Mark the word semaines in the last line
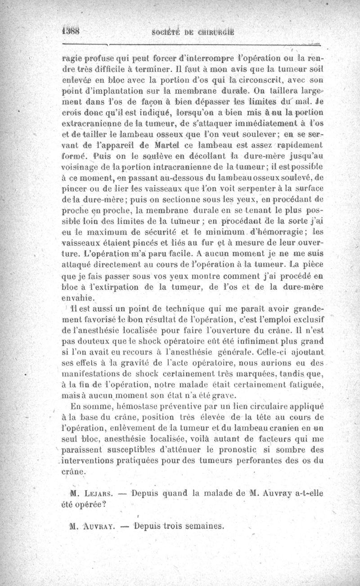(203, 526)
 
